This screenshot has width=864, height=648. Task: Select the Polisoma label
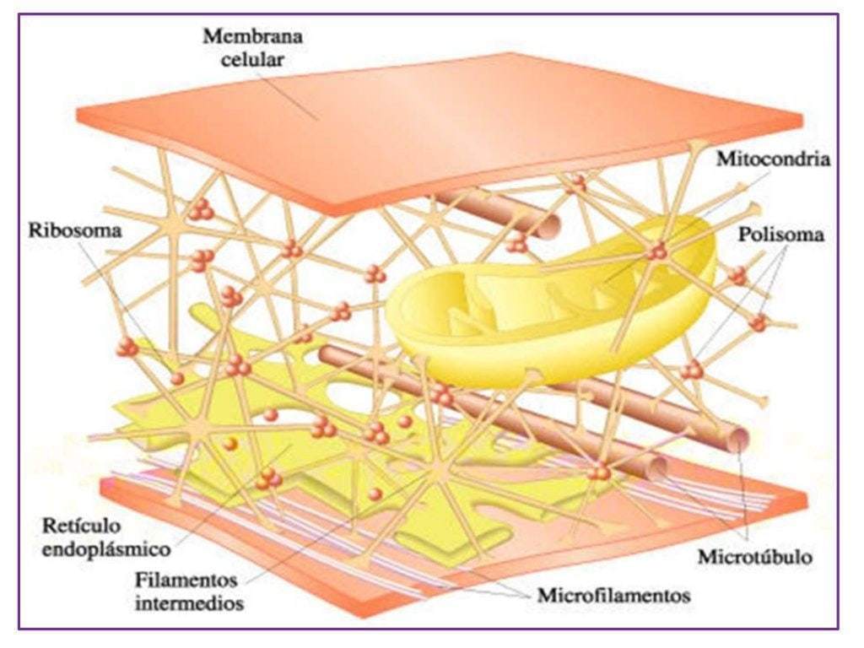pos(781,235)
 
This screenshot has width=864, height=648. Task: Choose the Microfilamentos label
pos(613,595)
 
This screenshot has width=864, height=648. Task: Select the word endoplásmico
pos(106,549)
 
